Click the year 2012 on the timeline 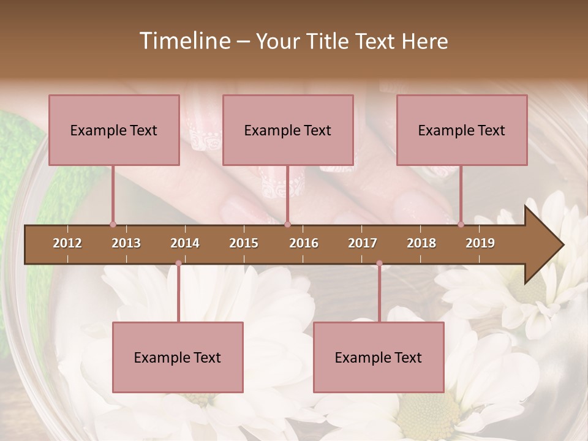(x=67, y=243)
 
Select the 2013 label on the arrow (x=126, y=243)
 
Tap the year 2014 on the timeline (x=185, y=243)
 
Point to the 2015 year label (x=244, y=243)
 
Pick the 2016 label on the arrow (x=304, y=243)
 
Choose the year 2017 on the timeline (x=363, y=243)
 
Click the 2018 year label (x=421, y=243)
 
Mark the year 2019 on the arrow (x=480, y=243)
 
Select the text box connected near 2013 (x=114, y=130)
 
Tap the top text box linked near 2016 (x=288, y=130)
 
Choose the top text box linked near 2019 (x=462, y=130)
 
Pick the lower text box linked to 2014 (x=178, y=357)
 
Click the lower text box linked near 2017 (x=379, y=357)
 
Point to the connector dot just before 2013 (x=113, y=224)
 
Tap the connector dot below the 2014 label (x=178, y=263)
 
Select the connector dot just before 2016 (x=287, y=224)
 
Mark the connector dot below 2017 (x=379, y=263)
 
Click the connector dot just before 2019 (x=461, y=224)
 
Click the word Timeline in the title (x=184, y=41)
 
